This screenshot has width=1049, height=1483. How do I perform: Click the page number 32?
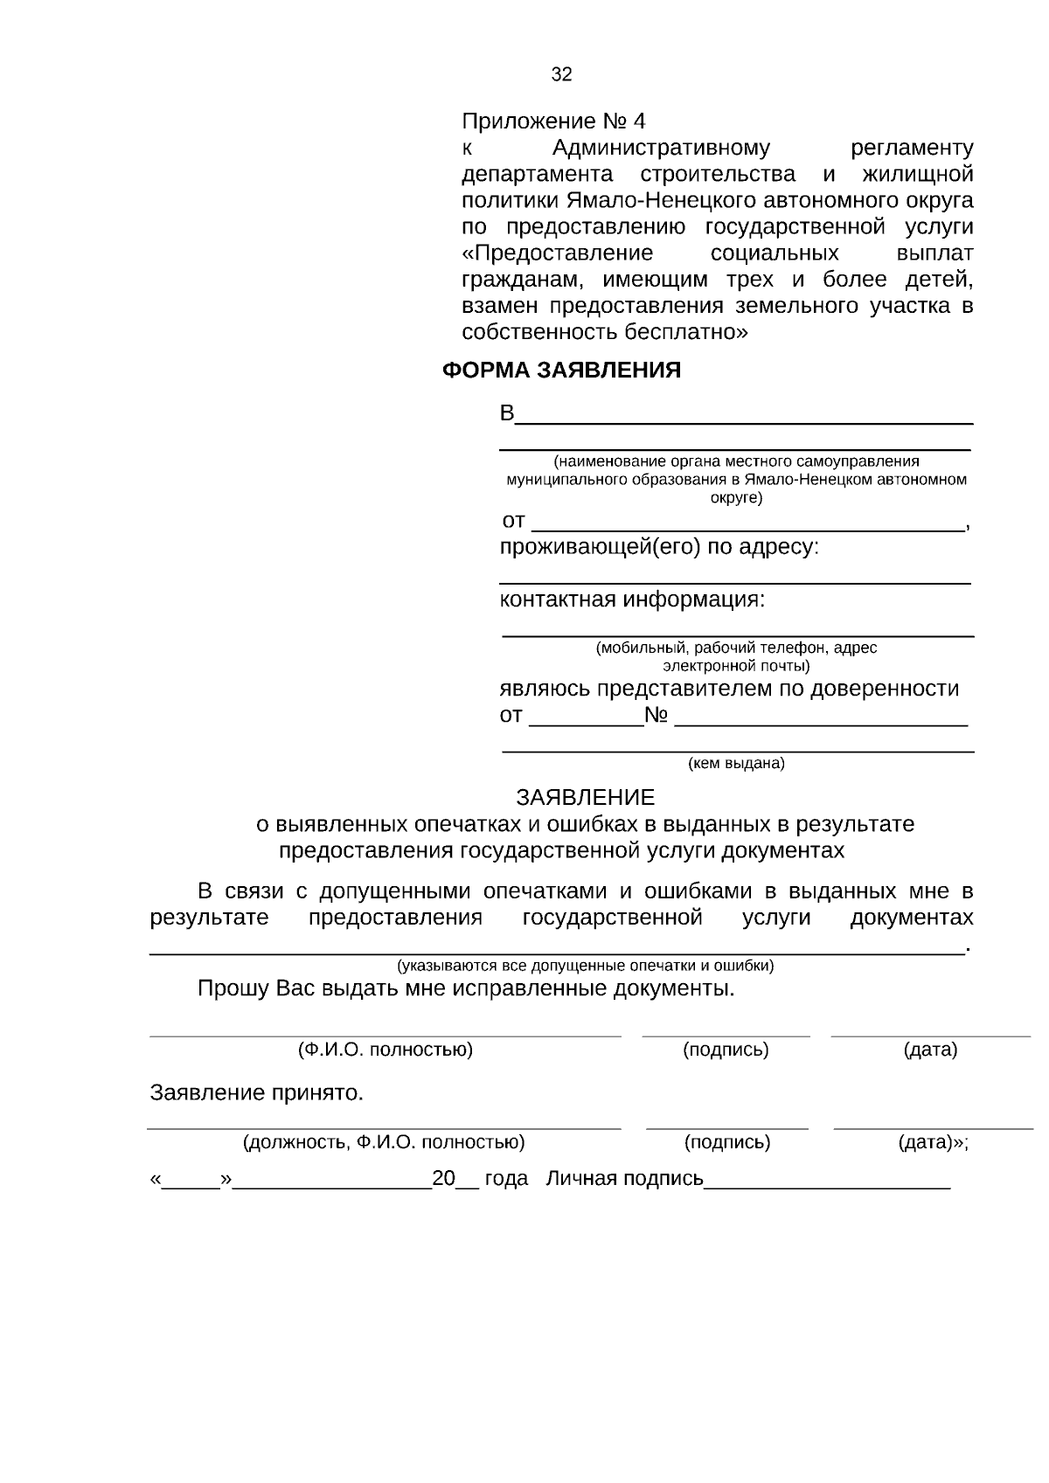pos(561,75)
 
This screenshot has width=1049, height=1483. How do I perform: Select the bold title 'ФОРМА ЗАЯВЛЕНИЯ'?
pos(561,371)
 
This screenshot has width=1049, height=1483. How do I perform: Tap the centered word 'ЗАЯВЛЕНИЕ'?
pos(585,798)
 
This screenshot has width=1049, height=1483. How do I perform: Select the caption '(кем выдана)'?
pos(736,764)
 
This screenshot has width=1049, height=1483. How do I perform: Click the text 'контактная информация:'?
pos(631,600)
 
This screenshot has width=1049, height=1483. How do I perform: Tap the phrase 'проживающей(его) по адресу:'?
pos(659,548)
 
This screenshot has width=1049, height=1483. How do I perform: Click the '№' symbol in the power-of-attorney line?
pos(656,716)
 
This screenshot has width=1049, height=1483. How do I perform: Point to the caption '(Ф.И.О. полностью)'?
pos(385,1050)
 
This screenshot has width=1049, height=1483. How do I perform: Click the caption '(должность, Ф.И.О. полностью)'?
pos(383,1142)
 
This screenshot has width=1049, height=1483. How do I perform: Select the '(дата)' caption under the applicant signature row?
pos(929,1050)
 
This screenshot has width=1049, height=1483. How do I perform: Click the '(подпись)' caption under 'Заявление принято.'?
pos(726,1142)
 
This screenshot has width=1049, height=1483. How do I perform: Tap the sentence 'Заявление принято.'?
pos(256,1093)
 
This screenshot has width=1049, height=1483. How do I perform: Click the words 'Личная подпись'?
pos(624,1179)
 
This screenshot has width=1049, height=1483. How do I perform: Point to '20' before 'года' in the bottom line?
pos(443,1179)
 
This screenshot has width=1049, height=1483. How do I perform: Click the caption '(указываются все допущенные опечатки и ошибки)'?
pos(585,966)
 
